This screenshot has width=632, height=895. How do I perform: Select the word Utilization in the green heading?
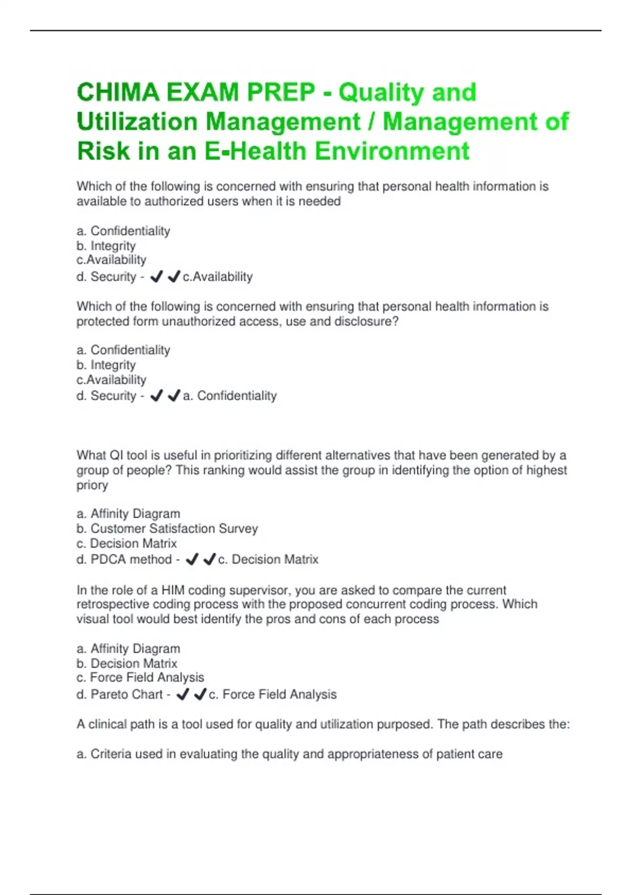tap(136, 122)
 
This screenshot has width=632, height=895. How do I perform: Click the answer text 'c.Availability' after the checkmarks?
tap(218, 276)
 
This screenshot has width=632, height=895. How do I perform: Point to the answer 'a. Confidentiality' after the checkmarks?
tap(230, 396)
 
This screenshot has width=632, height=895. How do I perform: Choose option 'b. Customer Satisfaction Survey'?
tap(167, 529)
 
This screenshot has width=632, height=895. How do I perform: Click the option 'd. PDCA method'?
tap(124, 559)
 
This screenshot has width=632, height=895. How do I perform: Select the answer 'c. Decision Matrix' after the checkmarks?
tap(268, 559)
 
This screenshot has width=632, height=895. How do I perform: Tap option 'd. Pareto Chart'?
tap(120, 694)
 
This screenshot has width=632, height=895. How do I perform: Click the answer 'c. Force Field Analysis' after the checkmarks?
tap(273, 694)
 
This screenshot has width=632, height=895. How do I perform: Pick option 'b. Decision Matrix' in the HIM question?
tap(127, 663)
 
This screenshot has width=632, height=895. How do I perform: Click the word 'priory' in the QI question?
tap(92, 485)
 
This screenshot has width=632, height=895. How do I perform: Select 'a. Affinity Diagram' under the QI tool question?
tap(129, 514)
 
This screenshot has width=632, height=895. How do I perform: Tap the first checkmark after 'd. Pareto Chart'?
tap(182, 694)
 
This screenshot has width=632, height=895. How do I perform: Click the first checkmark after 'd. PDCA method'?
tap(192, 559)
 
